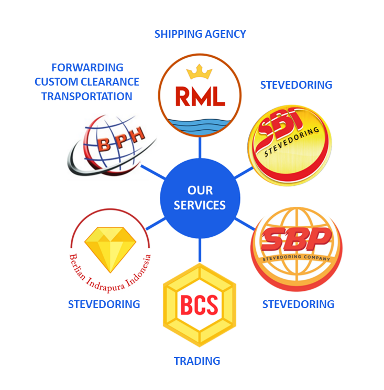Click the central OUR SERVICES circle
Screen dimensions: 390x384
tap(200, 198)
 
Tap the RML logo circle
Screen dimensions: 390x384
tap(200, 96)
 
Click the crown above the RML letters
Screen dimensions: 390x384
tap(200, 71)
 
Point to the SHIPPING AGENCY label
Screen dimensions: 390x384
tap(200, 34)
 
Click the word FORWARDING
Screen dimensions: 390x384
tap(87, 68)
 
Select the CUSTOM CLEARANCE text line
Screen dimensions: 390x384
tap(87, 82)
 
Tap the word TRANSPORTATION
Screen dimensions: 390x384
tap(87, 97)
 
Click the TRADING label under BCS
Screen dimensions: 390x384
tap(197, 361)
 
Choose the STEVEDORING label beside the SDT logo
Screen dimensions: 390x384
tap(296, 85)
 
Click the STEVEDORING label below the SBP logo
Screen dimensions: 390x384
tap(298, 304)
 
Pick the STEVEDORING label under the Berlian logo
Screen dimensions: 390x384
tap(104, 304)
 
